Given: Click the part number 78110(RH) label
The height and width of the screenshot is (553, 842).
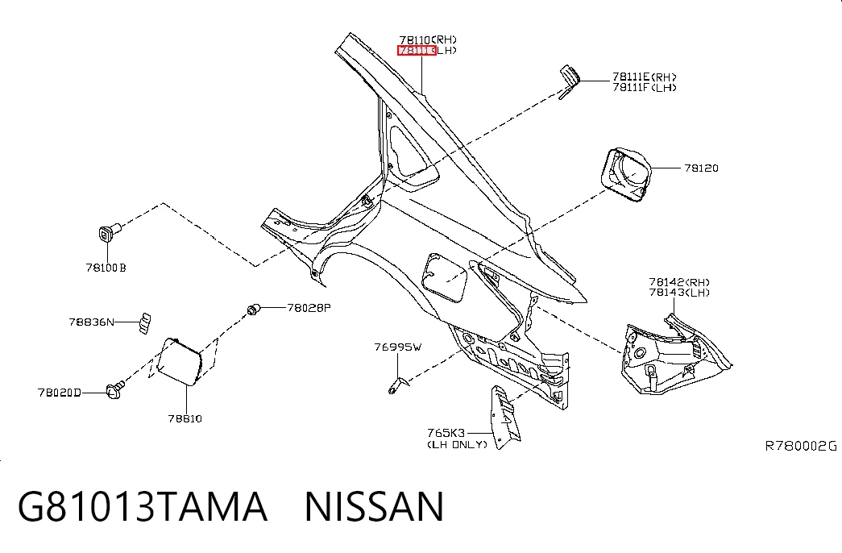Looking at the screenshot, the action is pyautogui.click(x=428, y=39).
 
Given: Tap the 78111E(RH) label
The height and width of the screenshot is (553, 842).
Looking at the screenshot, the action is pyautogui.click(x=645, y=77).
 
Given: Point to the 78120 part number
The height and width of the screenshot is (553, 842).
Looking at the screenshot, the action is pyautogui.click(x=701, y=168).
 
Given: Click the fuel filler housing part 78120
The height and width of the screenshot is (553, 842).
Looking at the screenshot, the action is pyautogui.click(x=625, y=174).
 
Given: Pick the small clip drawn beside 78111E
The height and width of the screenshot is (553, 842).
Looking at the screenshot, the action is pyautogui.click(x=569, y=81).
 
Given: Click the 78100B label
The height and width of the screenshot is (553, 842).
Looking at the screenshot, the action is pyautogui.click(x=106, y=268).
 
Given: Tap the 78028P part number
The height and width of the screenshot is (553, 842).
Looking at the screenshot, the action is pyautogui.click(x=309, y=308).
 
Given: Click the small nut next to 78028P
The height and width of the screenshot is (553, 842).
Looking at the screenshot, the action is pyautogui.click(x=254, y=309).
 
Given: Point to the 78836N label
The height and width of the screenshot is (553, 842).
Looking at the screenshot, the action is pyautogui.click(x=91, y=322).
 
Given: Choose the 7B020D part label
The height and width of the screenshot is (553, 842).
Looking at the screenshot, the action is pyautogui.click(x=59, y=393).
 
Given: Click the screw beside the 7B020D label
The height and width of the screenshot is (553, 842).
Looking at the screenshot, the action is pyautogui.click(x=115, y=390).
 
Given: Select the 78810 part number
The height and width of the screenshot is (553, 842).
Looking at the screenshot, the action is pyautogui.click(x=185, y=418).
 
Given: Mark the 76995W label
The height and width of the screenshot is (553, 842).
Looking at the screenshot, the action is pyautogui.click(x=398, y=347).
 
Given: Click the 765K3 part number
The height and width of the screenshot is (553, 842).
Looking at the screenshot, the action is pyautogui.click(x=446, y=433).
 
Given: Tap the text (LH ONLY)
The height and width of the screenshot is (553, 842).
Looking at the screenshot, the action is pyautogui.click(x=457, y=444).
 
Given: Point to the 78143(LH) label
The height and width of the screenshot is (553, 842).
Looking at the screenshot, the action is pyautogui.click(x=679, y=293).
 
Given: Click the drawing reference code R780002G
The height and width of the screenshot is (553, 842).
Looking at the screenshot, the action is pyautogui.click(x=801, y=446).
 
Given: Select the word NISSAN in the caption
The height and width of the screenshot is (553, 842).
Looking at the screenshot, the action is pyautogui.click(x=375, y=506).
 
